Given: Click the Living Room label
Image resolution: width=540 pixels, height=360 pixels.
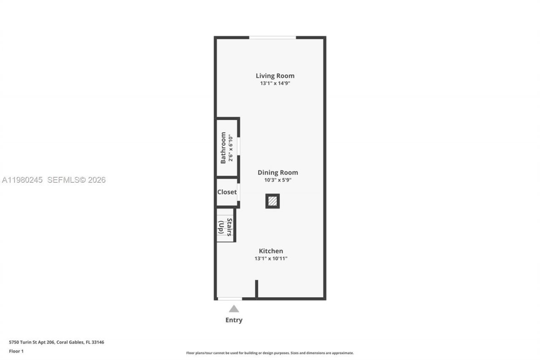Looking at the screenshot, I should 275,76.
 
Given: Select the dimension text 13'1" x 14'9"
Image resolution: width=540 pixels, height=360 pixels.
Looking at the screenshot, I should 275,84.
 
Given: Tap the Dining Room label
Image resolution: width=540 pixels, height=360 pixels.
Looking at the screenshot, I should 278,173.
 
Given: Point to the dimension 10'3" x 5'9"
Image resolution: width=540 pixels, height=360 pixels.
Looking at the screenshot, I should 275,180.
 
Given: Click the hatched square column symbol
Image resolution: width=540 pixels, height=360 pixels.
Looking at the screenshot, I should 273,201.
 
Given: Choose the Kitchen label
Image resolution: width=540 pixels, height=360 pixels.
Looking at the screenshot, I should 271,251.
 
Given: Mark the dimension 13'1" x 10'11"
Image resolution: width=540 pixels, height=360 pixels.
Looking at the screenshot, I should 271,258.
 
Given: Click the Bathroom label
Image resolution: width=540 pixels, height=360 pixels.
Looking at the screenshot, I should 223,148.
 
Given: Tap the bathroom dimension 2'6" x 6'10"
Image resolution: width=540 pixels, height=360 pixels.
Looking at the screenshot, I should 231,148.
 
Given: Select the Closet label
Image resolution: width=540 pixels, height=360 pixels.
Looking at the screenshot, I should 227,192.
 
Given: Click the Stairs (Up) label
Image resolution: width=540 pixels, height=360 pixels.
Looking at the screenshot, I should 225,227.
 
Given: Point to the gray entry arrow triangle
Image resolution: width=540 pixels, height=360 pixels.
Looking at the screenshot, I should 234,309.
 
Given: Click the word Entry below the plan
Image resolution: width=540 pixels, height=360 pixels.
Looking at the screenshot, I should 234,320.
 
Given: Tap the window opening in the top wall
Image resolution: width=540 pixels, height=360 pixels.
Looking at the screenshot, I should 272,38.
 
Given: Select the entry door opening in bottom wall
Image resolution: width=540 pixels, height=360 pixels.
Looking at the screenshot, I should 229,299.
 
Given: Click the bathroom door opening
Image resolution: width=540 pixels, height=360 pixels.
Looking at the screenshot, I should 238,146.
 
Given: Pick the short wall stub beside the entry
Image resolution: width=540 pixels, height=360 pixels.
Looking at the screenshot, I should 256,289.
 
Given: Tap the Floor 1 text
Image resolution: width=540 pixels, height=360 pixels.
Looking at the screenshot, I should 16,351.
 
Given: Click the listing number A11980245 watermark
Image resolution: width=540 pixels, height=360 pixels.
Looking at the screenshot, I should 22,180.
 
